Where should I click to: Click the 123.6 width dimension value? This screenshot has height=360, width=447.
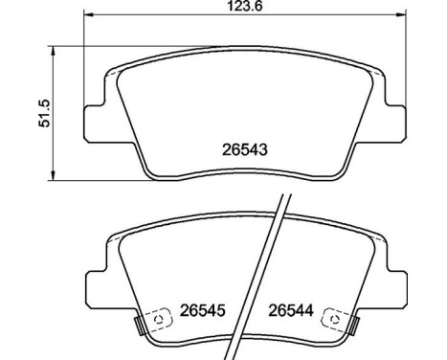245,6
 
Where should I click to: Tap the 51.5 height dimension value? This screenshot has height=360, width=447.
44,113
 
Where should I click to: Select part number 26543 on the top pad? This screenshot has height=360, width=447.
245,149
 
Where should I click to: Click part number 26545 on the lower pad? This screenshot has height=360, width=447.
203,310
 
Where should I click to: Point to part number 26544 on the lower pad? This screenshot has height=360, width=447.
291,310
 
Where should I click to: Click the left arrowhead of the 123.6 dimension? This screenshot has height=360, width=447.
88,14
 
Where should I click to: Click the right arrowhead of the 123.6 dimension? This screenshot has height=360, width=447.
400,14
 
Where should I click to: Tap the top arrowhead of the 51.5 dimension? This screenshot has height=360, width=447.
54,51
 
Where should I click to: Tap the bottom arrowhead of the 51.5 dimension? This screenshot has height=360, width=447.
54,175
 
